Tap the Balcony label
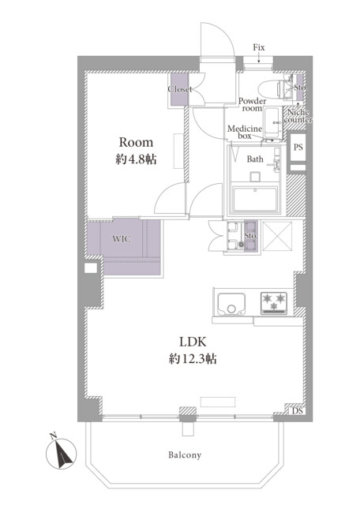pos(185,455)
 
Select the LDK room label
pos(193,342)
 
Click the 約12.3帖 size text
pos(193,358)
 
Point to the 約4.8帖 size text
pos(136,159)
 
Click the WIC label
pos(122,239)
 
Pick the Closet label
pos(180,89)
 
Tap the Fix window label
pos(258,47)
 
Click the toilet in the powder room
pos(272,88)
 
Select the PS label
pos(298,147)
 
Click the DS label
pos(297,411)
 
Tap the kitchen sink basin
pos(231,305)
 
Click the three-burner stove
pos(274,303)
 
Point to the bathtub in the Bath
pos(255,200)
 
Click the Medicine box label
pos(245,133)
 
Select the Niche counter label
pos(298,116)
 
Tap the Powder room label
pos(253,105)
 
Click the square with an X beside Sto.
pos(277,236)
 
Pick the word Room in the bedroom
pos(136,142)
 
